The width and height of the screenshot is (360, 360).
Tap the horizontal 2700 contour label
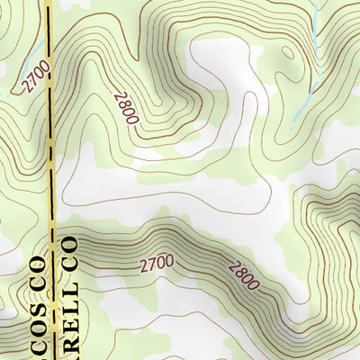[x=157, y=264]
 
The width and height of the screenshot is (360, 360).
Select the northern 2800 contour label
[x=127, y=106]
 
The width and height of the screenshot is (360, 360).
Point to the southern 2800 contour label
[x=244, y=274]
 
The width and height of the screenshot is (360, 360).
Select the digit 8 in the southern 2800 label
[x=238, y=271]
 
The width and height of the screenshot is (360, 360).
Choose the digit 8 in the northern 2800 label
[x=123, y=102]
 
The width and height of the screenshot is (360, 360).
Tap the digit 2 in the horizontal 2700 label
[x=144, y=265]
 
